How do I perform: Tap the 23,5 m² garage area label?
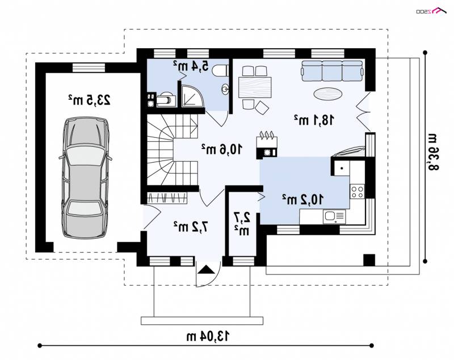89,100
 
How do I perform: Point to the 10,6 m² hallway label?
221,149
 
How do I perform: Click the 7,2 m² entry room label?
191,227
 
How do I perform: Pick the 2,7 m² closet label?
242,224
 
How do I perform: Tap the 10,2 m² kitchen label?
302,199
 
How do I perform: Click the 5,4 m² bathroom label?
191,66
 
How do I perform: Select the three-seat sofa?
332,71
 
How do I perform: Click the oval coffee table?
328,94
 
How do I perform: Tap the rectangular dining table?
255,87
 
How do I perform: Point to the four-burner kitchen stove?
357,192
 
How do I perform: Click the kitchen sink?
334,217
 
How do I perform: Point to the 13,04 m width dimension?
208,336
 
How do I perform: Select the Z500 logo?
431,11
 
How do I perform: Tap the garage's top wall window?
89,67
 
